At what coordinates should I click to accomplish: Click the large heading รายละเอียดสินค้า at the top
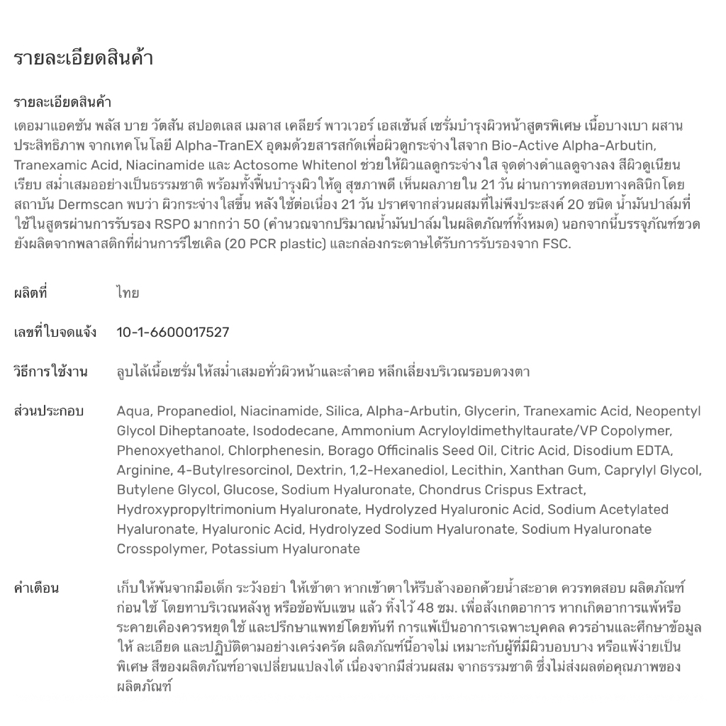click(x=84, y=59)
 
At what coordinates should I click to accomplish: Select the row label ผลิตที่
click(x=30, y=293)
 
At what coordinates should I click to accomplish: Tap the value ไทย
click(x=128, y=293)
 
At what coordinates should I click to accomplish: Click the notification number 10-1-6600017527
click(x=173, y=333)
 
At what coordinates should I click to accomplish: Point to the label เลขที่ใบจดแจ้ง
click(x=55, y=333)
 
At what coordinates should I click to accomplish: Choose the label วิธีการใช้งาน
click(x=51, y=372)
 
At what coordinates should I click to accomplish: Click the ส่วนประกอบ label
click(x=49, y=411)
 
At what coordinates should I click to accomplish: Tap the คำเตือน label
click(x=36, y=588)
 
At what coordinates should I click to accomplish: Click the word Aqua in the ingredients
click(x=133, y=411)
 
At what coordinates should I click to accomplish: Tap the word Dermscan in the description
click(x=98, y=205)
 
